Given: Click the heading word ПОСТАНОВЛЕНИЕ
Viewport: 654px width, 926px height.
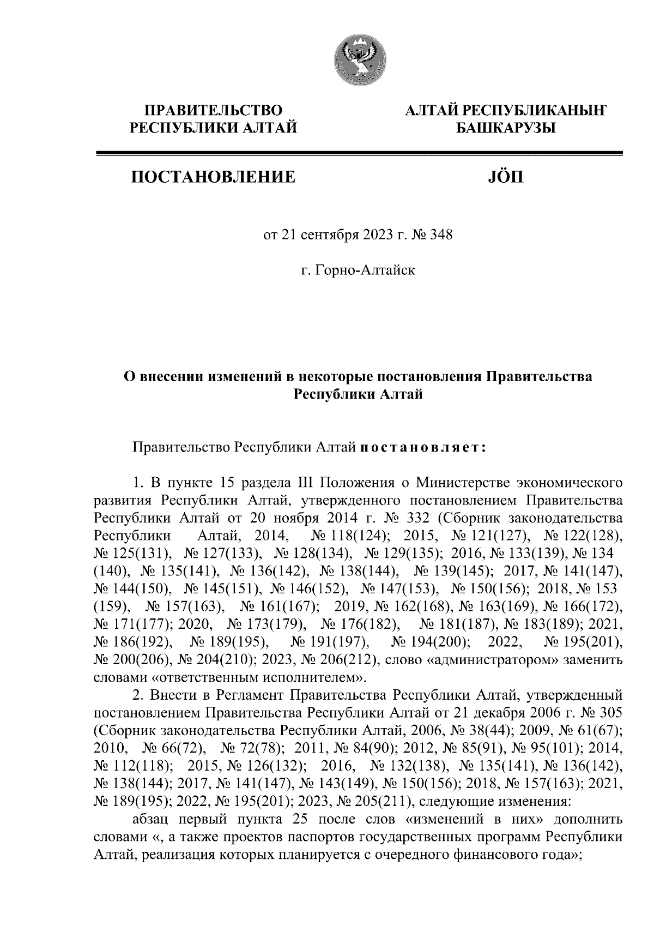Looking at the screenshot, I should coord(213,177).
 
